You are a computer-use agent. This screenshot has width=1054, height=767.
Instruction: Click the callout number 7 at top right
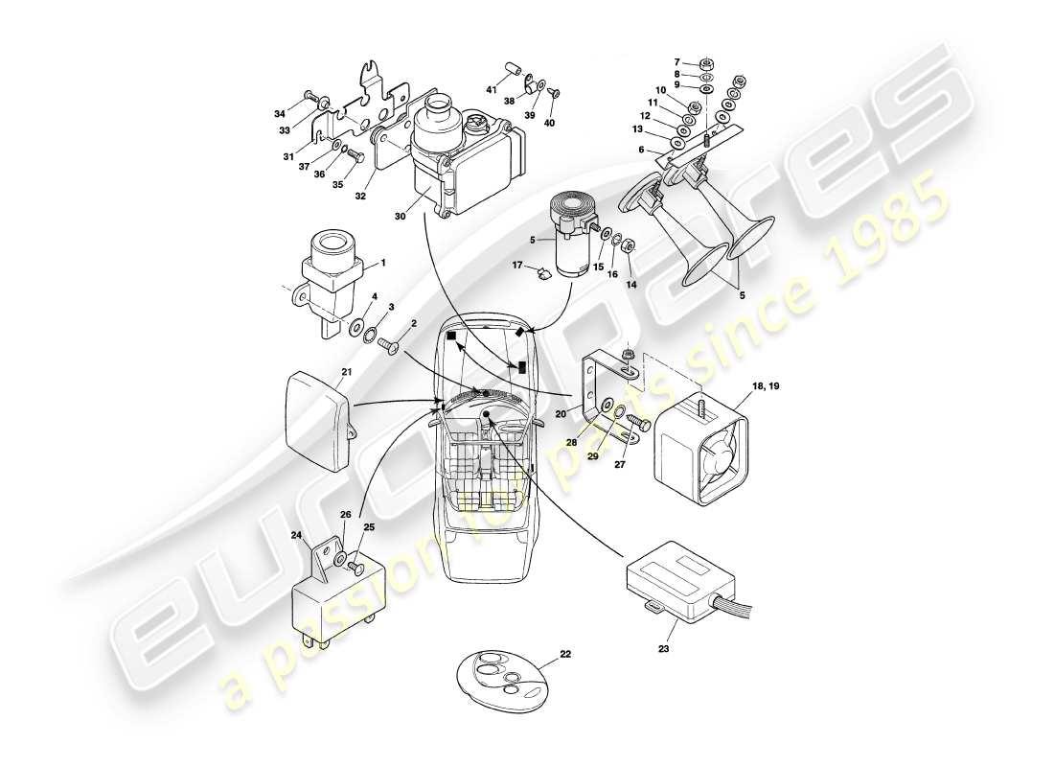(703, 61)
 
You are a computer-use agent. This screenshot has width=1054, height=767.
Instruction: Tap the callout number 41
(490, 89)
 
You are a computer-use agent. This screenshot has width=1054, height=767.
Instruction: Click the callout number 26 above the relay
(346, 515)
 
